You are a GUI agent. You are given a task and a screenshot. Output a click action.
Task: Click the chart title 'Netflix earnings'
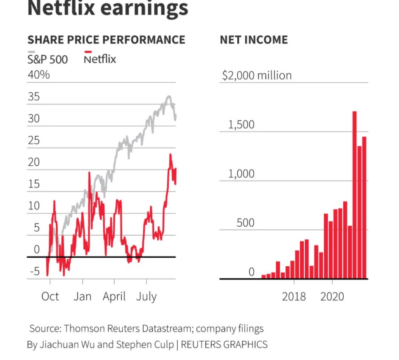pos(108,9)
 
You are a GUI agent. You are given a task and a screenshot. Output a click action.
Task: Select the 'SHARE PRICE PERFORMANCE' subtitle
pos(106,40)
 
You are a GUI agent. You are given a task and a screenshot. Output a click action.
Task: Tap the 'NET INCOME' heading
pos(254,40)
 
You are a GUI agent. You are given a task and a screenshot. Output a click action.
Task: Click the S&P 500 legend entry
pos(47,59)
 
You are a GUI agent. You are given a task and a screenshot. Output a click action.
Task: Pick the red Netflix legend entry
pos(100,59)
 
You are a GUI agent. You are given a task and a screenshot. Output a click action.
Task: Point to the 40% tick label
pos(39,74)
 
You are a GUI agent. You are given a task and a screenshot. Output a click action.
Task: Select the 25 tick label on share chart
pos(34,140)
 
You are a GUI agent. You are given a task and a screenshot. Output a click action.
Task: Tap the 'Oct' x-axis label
pos(50,296)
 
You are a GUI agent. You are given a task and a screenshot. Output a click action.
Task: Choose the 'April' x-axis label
pos(114,296)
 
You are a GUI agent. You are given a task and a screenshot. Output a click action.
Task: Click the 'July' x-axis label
pos(146,296)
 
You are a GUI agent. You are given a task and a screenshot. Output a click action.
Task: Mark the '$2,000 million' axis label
pos(257,75)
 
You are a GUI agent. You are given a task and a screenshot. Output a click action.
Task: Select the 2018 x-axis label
pos(294,296)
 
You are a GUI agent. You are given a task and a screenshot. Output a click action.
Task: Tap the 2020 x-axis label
pos(332,296)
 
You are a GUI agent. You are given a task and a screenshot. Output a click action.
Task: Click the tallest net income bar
pos(355,195)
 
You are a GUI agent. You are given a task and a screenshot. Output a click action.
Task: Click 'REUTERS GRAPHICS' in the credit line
pos(224,344)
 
